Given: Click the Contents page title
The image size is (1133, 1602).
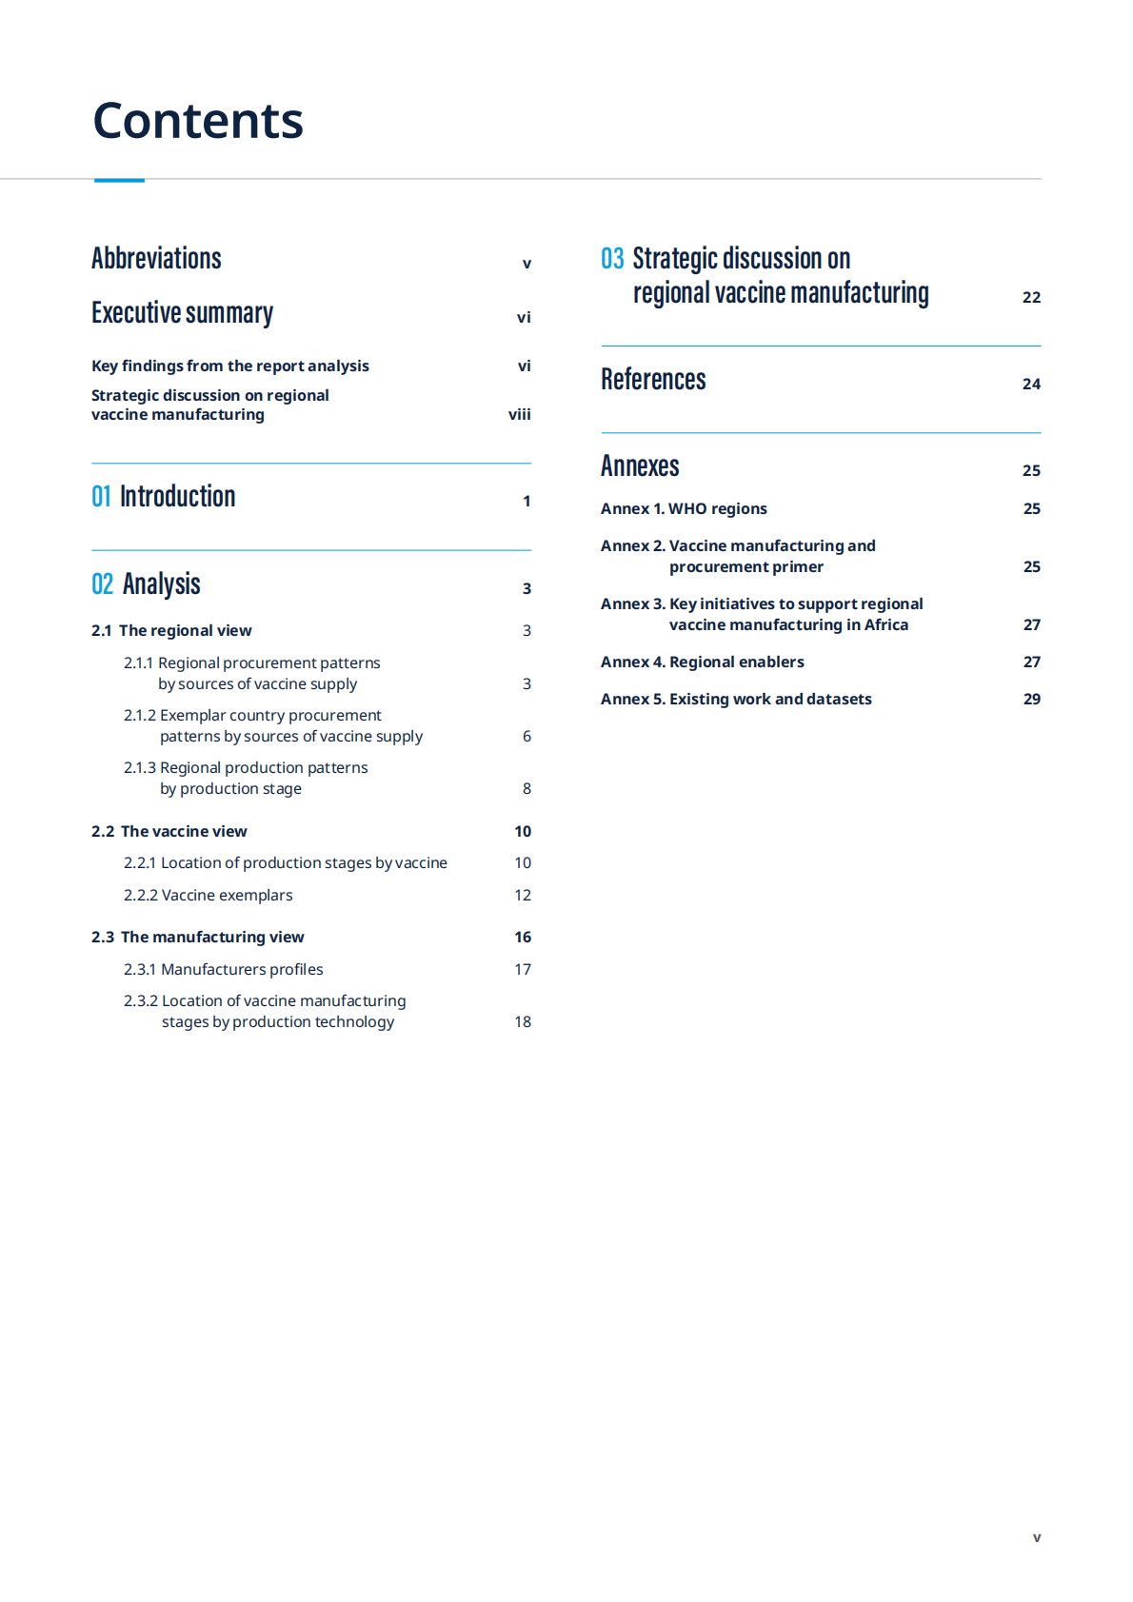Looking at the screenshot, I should [x=198, y=121].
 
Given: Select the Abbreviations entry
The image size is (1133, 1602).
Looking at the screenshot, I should [x=156, y=259].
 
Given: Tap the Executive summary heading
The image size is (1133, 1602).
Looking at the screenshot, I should [x=182, y=313].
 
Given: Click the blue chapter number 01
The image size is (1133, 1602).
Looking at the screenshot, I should [x=101, y=497].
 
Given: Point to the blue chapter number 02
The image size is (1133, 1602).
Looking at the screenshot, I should [x=102, y=584].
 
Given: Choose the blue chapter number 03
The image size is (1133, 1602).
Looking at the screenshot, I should [x=612, y=259].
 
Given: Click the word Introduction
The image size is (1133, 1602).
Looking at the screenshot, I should [x=177, y=497].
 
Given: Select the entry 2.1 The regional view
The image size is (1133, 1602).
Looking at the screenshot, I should [x=171, y=630].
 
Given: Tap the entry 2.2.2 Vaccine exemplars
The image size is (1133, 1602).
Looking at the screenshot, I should [x=208, y=895].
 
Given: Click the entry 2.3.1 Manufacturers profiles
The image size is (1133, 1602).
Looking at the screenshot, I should [x=223, y=969].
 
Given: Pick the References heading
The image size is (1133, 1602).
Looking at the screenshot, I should [x=653, y=380].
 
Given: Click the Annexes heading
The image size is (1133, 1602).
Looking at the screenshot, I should [x=640, y=466].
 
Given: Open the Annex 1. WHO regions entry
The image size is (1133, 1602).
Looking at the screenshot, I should [x=684, y=508].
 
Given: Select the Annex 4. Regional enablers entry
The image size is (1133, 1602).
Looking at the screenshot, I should [x=702, y=662].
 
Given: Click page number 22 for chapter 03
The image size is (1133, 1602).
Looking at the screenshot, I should [x=1031, y=297].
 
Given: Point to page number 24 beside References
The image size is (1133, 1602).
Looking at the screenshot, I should [x=1031, y=384].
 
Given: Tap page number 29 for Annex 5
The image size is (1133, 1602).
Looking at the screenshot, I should [x=1031, y=699].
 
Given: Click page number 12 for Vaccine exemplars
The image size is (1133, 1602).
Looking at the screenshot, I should [x=523, y=895].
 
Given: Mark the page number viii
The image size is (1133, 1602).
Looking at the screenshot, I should [x=519, y=414].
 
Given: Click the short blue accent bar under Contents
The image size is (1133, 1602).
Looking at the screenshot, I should [x=119, y=180].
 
